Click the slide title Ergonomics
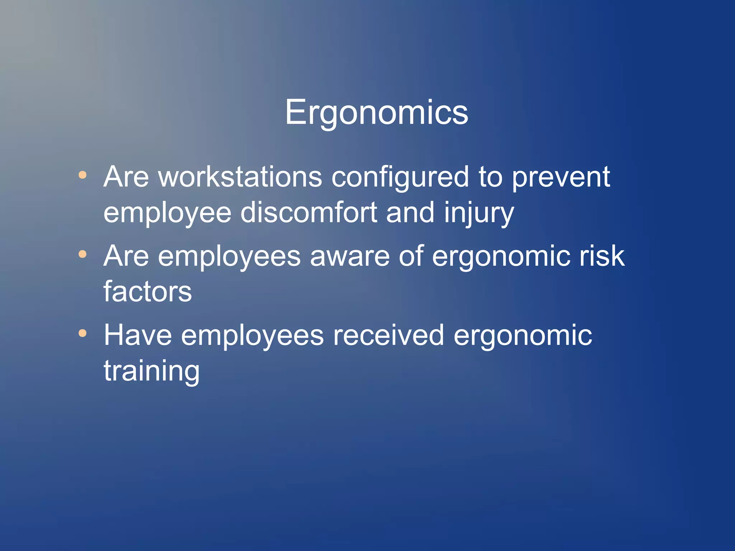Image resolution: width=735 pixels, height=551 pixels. [x=376, y=113]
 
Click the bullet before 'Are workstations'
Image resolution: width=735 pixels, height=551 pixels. [x=83, y=175]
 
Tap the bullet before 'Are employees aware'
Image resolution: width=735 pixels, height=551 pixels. [x=83, y=254]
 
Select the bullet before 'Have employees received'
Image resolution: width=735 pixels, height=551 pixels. [x=83, y=334]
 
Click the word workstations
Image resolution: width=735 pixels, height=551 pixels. [x=240, y=177]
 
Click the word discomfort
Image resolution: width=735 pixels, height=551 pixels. [x=309, y=213]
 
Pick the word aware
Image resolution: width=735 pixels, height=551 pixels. [x=350, y=256]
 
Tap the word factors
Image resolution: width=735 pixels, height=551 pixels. [x=148, y=291]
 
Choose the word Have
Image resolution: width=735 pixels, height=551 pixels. [x=138, y=335]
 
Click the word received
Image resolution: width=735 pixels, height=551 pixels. [x=389, y=335]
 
